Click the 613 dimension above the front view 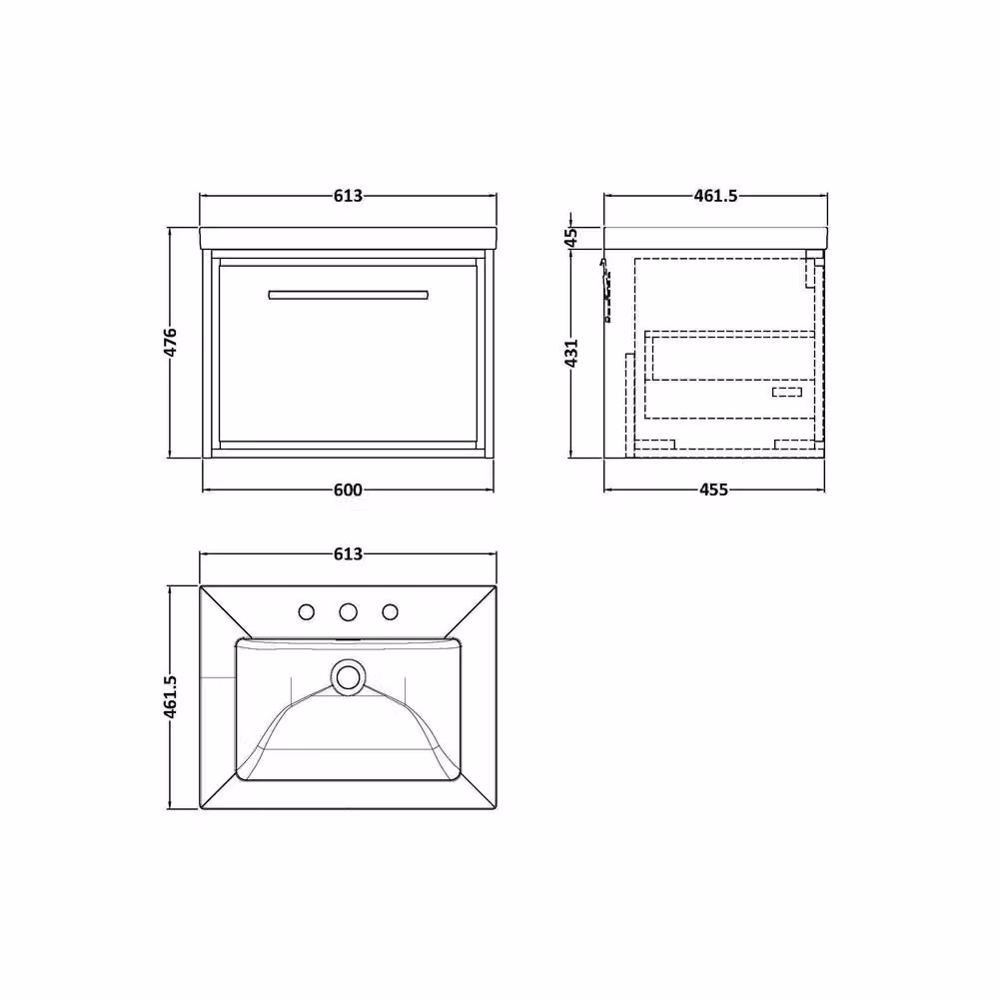348,196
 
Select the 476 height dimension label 171,342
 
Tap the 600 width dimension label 348,490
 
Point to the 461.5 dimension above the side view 715,196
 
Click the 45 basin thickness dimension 571,237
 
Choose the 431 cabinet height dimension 571,353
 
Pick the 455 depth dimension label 713,490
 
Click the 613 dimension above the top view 348,554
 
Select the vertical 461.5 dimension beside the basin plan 171,697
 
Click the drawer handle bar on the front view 348,295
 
